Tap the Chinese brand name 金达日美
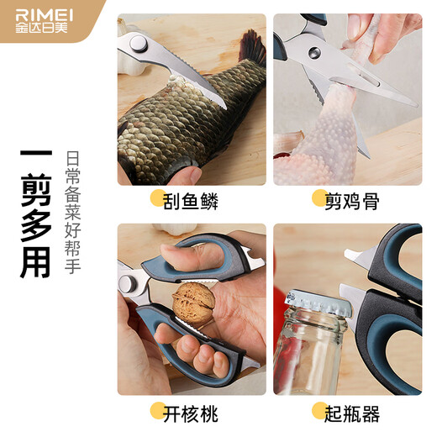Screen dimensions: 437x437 [x=41, y=27]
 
